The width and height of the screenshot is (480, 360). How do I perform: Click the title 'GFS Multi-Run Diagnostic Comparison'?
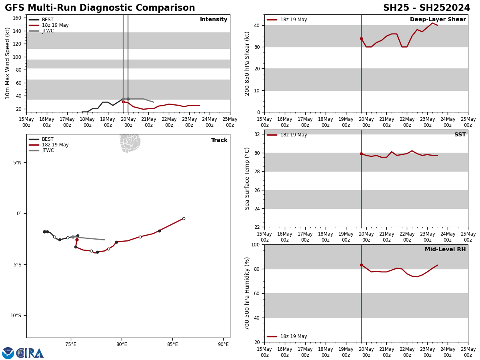(x=100, y=8)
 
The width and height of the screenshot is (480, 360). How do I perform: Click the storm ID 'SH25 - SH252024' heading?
(x=426, y=8)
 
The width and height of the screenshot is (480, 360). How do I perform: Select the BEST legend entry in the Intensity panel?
(x=47, y=20)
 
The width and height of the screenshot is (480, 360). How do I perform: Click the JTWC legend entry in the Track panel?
(x=48, y=150)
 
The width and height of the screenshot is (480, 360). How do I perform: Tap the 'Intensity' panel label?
(x=214, y=20)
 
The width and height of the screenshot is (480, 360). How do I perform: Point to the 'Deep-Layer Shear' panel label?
(x=438, y=20)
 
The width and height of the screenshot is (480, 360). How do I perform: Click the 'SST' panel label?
(x=460, y=135)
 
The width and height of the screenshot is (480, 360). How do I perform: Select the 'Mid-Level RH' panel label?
(x=445, y=250)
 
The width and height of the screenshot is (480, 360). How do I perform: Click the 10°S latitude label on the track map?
(x=16, y=316)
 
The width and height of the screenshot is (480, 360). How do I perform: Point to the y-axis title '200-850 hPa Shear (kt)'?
(x=248, y=63)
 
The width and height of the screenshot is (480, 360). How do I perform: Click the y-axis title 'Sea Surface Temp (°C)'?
(x=248, y=178)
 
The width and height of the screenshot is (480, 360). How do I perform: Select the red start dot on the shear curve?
(x=361, y=39)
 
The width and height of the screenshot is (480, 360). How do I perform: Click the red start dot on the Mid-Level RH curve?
(x=361, y=265)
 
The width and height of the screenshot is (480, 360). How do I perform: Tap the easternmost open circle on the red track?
(x=184, y=219)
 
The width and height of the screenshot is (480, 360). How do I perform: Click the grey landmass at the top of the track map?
(x=130, y=143)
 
